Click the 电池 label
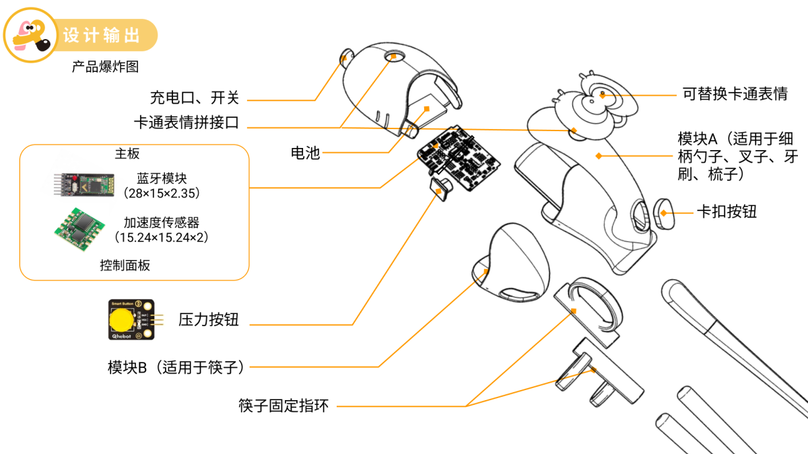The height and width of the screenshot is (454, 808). [305, 153]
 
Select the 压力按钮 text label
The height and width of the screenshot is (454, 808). [209, 319]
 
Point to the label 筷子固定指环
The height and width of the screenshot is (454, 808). [283, 406]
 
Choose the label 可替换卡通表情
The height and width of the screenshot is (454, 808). [735, 94]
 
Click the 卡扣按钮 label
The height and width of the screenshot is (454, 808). [727, 212]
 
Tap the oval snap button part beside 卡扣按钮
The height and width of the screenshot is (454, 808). [664, 213]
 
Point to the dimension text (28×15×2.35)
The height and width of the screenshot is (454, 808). [162, 193]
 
